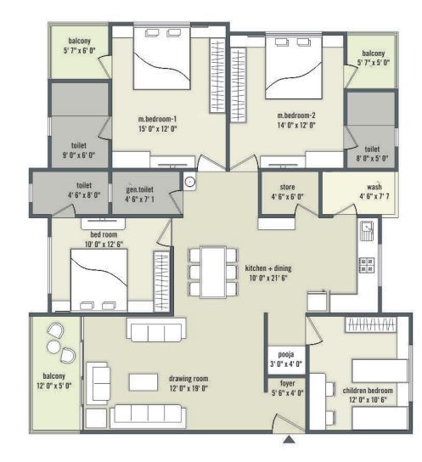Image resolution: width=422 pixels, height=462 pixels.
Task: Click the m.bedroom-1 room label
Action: coord(157,118)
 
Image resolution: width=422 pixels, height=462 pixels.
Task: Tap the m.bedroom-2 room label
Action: coord(296,115)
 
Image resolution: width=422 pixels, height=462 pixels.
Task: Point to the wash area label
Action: coord(374,186)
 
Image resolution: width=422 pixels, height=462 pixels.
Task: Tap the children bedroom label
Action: coord(365,392)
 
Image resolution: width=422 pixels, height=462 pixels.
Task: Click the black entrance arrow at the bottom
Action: coord(290,440)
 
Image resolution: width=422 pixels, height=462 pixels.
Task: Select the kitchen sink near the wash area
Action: coord(368,228)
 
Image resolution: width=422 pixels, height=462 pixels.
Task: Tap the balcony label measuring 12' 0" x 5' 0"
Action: coord(55,380)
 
